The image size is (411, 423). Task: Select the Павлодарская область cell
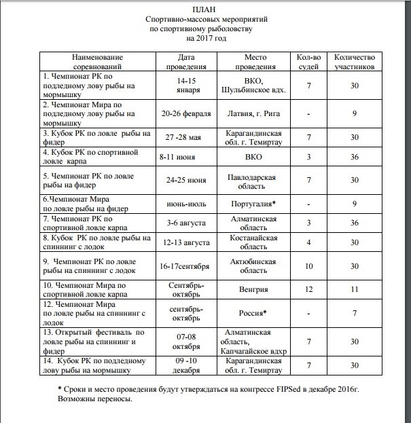pyautogui.click(x=256, y=181)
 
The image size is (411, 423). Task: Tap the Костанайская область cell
pyautogui.click(x=256, y=243)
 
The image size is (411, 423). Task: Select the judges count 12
pyautogui.click(x=309, y=290)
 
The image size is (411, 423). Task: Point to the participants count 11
pyautogui.click(x=354, y=290)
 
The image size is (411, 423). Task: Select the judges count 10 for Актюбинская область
pyautogui.click(x=309, y=266)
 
